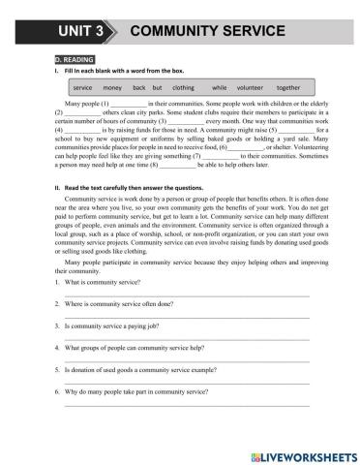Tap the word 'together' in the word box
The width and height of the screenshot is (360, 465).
[x=289, y=87]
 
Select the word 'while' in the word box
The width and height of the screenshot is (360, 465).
[x=219, y=87]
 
